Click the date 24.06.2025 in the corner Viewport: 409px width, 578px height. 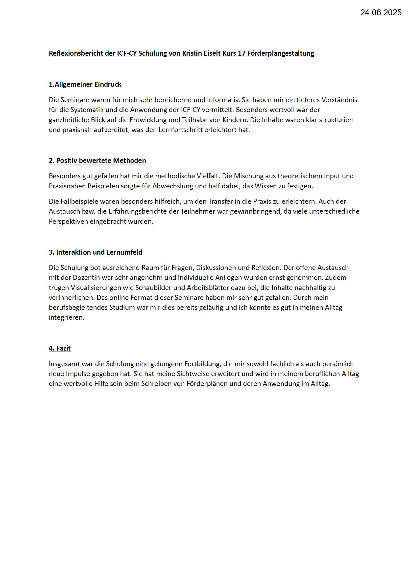[381, 13]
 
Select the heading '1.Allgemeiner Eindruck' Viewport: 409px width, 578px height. [85, 84]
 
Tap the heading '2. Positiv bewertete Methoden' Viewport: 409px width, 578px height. [97, 161]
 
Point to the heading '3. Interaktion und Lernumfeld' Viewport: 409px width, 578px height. [96, 252]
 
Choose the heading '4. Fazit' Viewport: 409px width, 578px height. [60, 348]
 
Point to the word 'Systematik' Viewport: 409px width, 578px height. [85, 110]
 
